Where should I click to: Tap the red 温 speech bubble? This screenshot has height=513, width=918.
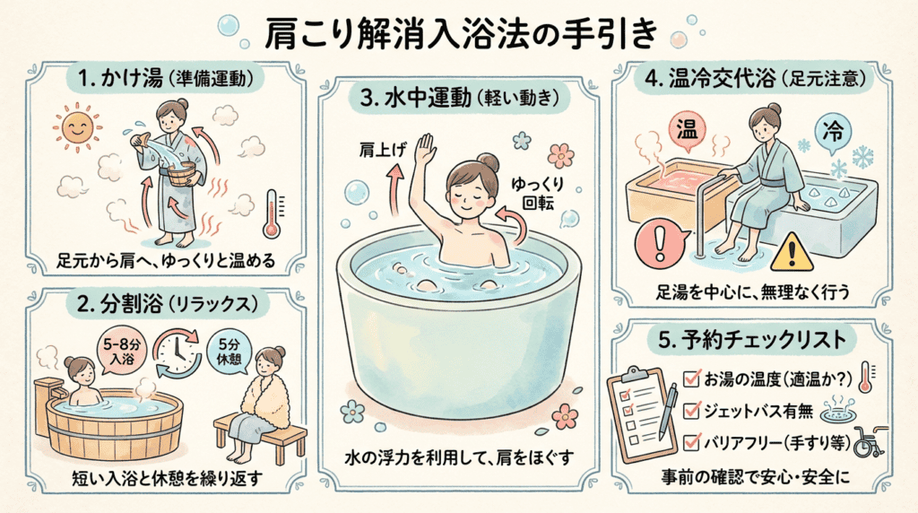(x=687, y=131)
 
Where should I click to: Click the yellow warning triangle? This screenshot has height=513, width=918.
(x=792, y=252)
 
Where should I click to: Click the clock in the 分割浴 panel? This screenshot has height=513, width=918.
(x=177, y=353)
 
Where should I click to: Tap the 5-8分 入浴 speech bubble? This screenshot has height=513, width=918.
(x=121, y=351)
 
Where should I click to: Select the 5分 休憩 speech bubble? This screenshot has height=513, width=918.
(x=229, y=352)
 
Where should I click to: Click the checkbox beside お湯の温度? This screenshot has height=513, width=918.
(x=691, y=378)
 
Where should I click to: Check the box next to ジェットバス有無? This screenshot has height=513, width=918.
(x=691, y=410)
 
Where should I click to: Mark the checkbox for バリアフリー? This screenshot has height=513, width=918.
(x=691, y=441)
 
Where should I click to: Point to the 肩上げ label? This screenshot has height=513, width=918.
(x=382, y=150)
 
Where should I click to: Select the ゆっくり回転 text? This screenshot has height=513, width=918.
(x=536, y=194)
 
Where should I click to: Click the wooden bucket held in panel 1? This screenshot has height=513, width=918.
(x=180, y=174)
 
